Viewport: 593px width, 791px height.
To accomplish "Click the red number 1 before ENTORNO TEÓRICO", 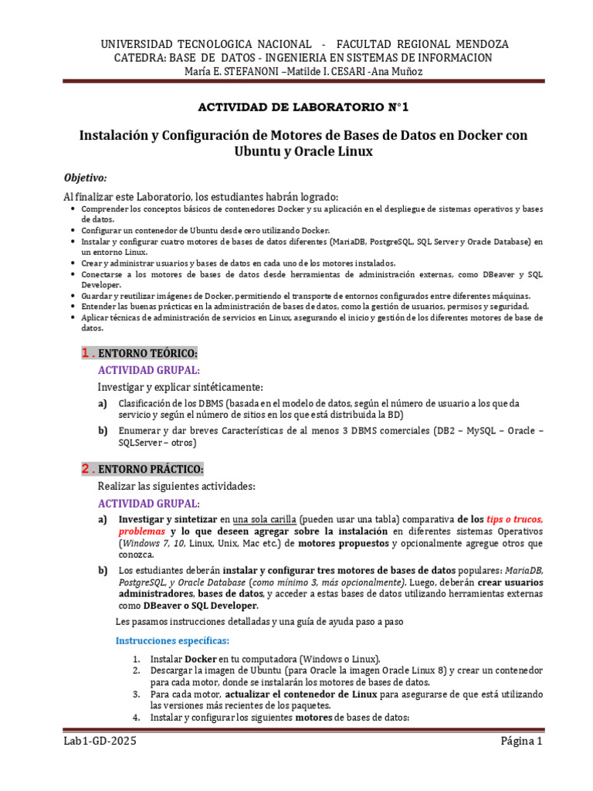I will click(86, 353).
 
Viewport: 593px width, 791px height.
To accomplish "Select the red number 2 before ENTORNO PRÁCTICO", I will click(86, 469).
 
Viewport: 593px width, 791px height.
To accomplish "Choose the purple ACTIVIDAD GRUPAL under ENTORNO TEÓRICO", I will click(148, 370).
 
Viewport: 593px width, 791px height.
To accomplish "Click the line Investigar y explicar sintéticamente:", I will click(180, 386).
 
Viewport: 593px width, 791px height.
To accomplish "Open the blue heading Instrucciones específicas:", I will click(172, 640).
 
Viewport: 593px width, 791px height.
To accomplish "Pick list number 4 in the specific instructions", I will click(136, 718).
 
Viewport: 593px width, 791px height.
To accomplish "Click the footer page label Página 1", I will click(522, 742).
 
